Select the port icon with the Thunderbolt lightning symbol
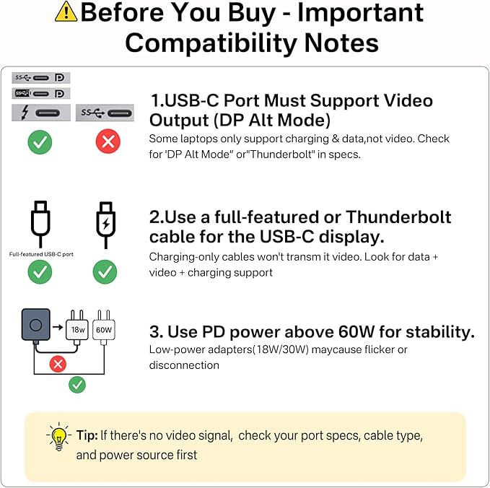(x=41, y=112)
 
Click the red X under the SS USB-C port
(x=108, y=141)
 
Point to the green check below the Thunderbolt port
(x=40, y=141)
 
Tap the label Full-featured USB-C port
(x=40, y=254)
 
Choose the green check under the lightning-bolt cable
(x=105, y=272)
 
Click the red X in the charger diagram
(x=58, y=364)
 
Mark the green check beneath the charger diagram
(x=76, y=385)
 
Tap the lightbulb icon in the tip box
(x=58, y=437)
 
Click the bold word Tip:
(x=87, y=436)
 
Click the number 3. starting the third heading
(x=157, y=331)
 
